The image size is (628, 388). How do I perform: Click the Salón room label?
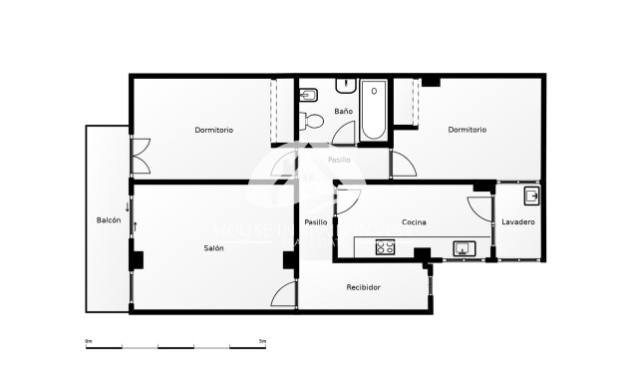click(213, 247)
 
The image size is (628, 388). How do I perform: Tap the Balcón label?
click(109, 220)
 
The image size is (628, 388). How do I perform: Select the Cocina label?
click(414, 221)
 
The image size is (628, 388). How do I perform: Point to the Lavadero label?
click(518, 221)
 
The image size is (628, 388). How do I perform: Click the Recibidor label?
click(363, 287)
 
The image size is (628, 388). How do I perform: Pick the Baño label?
click(343, 111)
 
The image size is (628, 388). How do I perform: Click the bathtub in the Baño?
click(374, 111)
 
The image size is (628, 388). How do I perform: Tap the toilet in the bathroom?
click(313, 122)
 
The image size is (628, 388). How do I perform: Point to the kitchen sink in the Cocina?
click(463, 248)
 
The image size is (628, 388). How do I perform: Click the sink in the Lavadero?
click(531, 194)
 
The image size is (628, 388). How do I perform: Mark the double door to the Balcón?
click(139, 157)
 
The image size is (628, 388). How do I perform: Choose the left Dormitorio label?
click(213, 130)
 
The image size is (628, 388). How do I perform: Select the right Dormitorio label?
click(467, 130)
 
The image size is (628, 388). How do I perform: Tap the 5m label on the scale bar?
click(262, 341)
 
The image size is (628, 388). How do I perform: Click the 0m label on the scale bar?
click(89, 341)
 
